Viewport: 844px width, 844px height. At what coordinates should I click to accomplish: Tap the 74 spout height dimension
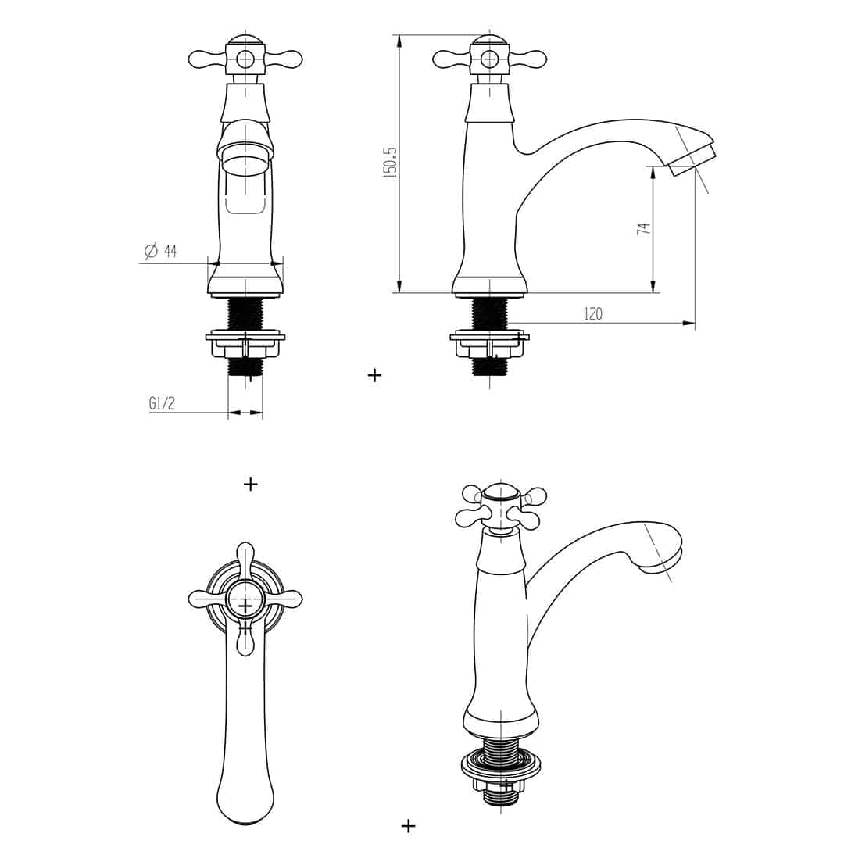pyautogui.click(x=644, y=227)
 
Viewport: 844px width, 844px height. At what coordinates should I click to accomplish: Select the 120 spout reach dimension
pyautogui.click(x=593, y=313)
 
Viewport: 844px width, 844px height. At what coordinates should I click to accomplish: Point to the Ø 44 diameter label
pyautogui.click(x=160, y=251)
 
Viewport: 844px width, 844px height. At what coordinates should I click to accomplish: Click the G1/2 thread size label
pyautogui.click(x=162, y=403)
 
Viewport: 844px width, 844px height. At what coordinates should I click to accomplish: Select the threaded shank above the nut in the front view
pyautogui.click(x=245, y=314)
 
